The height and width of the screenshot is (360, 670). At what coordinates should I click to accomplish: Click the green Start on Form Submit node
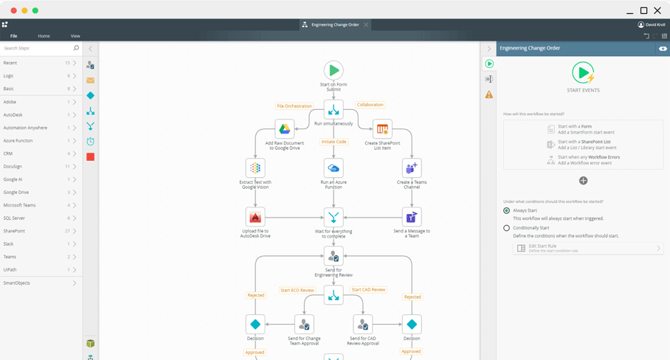[334, 71]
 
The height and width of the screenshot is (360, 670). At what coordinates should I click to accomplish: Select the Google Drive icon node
[285, 129]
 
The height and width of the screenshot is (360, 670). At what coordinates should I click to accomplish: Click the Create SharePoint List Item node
[382, 129]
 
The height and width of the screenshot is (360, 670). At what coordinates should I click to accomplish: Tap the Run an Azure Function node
[334, 168]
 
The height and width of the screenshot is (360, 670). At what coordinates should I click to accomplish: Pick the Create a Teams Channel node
[412, 168]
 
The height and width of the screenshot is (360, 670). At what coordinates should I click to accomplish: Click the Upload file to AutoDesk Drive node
[255, 217]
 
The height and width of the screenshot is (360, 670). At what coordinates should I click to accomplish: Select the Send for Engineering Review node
[334, 256]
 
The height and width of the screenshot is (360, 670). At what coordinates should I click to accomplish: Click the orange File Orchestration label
[294, 106]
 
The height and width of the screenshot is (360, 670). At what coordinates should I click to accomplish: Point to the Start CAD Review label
[368, 290]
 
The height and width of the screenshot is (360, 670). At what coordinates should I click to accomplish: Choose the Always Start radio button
[506, 210]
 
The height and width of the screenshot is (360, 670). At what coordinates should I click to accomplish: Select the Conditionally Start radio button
[506, 228]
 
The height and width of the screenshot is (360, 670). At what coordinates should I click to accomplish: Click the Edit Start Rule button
[587, 249]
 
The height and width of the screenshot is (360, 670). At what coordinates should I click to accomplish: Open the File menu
[14, 35]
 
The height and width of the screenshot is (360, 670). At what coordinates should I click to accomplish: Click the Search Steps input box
[37, 48]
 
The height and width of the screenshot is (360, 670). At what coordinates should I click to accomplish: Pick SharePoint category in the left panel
[14, 231]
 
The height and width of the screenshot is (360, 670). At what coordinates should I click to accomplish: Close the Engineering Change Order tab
[366, 24]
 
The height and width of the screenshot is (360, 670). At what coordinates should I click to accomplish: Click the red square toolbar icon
[90, 156]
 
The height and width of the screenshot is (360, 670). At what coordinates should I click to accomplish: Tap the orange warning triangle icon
[489, 94]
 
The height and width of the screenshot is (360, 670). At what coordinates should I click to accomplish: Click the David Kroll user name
[655, 24]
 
